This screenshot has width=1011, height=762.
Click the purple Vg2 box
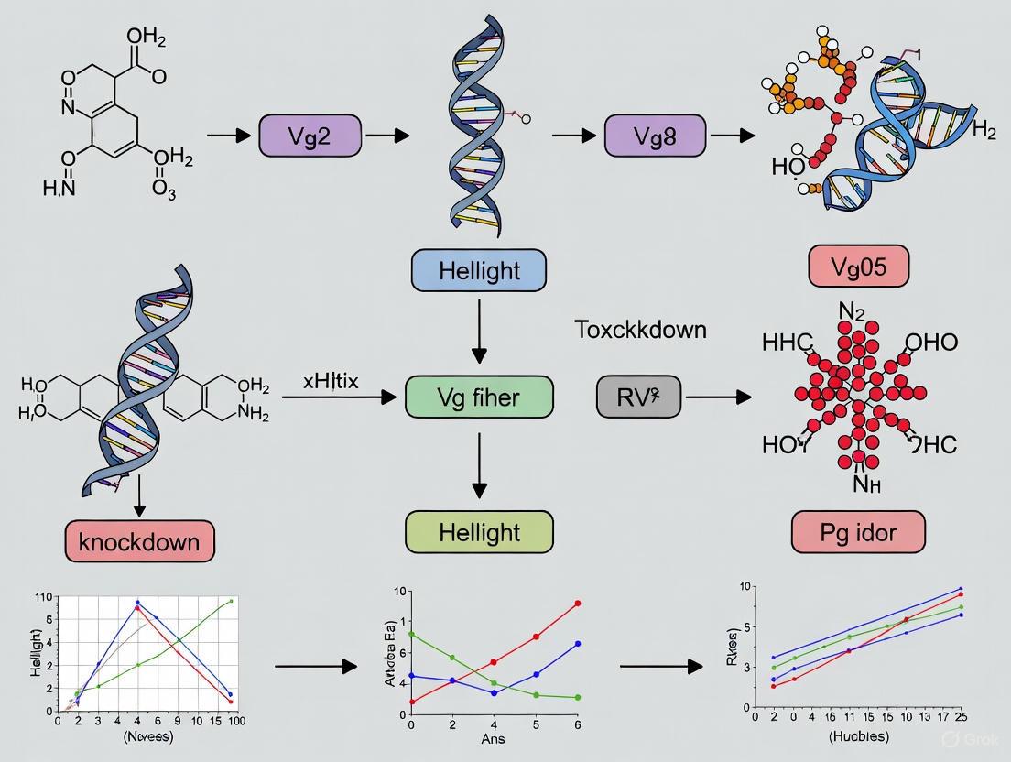310,136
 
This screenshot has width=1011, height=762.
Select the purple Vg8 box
655,136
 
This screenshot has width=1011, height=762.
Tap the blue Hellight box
479,270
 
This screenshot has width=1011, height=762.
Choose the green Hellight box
479,532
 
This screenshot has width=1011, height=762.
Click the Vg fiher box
479,397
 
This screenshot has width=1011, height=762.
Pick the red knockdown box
139,540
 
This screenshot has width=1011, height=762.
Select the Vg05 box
858,267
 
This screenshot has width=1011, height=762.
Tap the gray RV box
638,397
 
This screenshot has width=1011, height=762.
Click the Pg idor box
858,531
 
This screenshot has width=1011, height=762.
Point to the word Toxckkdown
640,330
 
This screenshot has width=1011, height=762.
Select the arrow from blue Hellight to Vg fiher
479,333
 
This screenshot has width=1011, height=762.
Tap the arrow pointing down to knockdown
139,495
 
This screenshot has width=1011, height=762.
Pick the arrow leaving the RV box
718,397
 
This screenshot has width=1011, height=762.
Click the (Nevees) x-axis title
140,736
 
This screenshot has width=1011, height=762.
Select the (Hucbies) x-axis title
857,735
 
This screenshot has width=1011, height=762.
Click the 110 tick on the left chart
42,597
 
